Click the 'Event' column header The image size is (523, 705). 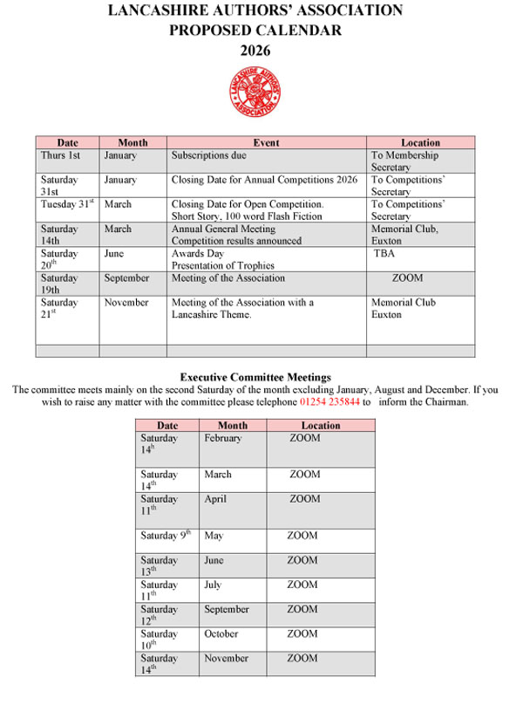(266, 142)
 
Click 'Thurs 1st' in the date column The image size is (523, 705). (60, 155)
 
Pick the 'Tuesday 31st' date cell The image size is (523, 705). (66, 204)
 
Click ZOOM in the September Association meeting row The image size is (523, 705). (407, 278)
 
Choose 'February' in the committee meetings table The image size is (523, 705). (222, 438)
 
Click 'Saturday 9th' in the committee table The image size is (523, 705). (166, 536)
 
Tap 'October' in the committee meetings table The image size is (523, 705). (221, 633)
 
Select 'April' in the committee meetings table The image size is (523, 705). (214, 499)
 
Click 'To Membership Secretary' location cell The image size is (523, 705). (404, 161)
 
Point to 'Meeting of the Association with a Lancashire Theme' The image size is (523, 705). (242, 308)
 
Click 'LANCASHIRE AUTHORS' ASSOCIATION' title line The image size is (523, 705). (255, 11)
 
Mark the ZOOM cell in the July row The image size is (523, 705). (302, 585)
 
